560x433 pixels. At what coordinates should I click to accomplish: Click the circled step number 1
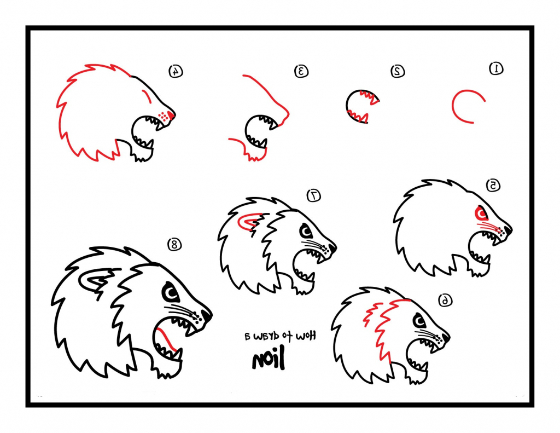(496, 68)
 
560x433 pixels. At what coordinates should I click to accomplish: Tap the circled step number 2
(398, 71)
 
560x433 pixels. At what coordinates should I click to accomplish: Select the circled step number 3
(301, 71)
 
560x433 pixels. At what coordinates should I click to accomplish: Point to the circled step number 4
(175, 71)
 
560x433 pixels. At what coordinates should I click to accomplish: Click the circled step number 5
(493, 186)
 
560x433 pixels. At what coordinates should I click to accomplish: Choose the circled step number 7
(314, 195)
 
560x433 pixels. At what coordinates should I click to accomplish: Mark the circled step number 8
(174, 245)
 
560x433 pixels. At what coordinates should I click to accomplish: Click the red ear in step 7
(249, 222)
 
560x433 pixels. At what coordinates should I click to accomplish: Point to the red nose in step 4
(171, 114)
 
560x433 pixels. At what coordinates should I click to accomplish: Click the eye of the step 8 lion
(171, 295)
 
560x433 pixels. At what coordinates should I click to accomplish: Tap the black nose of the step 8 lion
(207, 315)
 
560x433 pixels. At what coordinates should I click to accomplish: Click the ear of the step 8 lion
(94, 281)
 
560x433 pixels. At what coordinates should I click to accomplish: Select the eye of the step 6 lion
(419, 320)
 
